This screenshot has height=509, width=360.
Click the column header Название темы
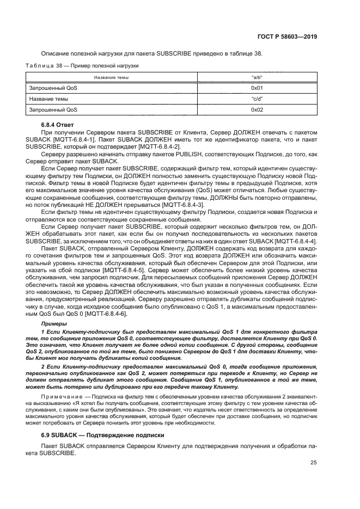111,78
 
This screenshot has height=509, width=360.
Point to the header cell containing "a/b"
257,78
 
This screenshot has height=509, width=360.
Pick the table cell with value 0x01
257,88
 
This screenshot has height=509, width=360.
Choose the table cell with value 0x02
257,109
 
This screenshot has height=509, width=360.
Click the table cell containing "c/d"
257,99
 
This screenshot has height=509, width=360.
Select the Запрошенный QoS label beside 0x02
53,109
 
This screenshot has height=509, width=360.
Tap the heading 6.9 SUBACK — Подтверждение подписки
109,437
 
